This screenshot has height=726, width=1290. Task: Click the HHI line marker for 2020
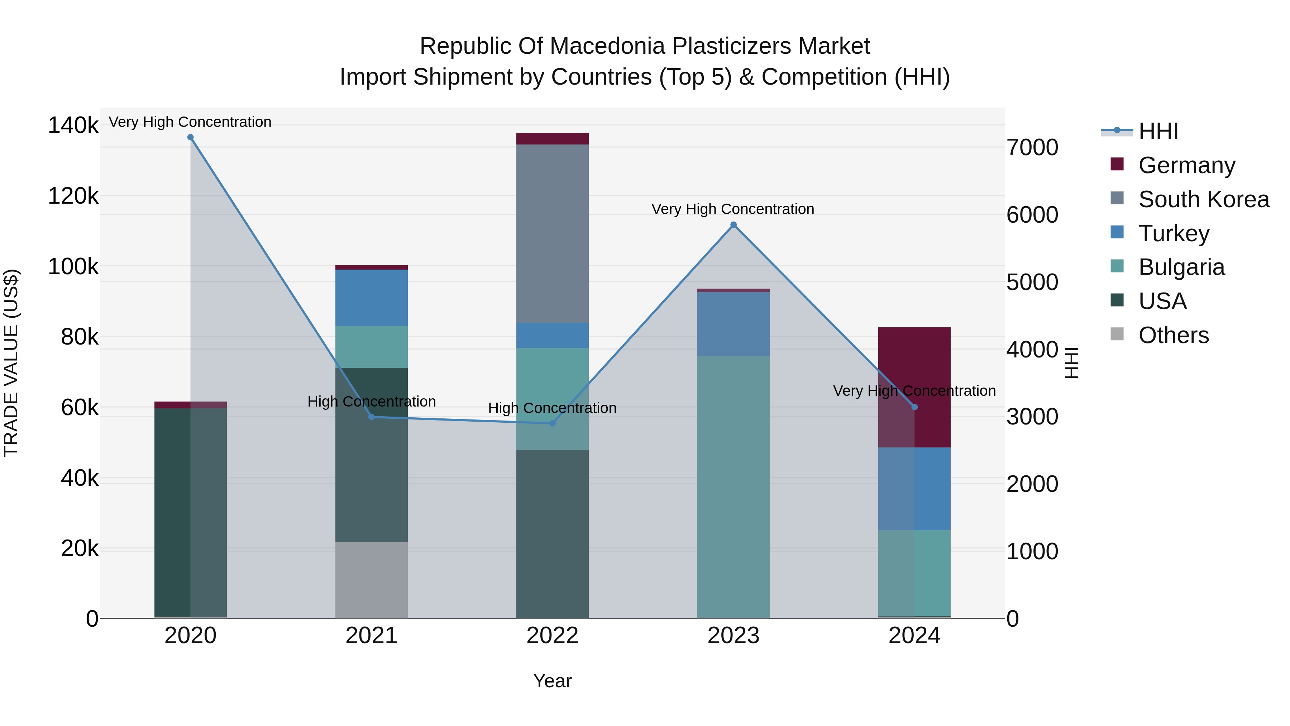coord(190,137)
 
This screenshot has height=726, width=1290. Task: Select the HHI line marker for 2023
coord(733,225)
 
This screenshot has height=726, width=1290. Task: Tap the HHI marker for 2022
coord(552,423)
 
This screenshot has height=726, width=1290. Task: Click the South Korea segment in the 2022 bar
coord(552,233)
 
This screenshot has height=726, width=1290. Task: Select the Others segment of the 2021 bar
coord(371,580)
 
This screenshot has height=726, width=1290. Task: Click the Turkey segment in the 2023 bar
coord(733,324)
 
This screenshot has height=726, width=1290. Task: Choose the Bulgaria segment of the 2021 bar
coord(371,347)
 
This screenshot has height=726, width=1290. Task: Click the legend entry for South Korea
coord(1203,199)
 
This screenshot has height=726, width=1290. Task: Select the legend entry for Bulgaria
coord(1181,267)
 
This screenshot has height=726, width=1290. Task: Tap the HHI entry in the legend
coord(1157,131)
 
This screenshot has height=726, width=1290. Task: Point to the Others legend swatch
coord(1117,334)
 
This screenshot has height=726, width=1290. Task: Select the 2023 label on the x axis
coord(733,636)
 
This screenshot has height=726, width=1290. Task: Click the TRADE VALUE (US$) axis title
coord(11,363)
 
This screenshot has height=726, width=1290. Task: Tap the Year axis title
coord(552,681)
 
